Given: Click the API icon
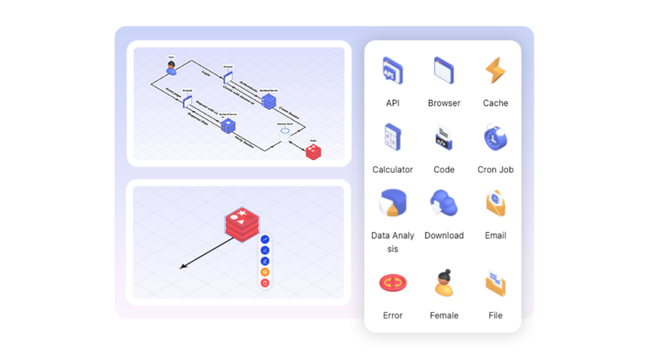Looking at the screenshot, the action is click(x=392, y=71).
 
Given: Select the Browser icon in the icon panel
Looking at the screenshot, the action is click(x=444, y=70).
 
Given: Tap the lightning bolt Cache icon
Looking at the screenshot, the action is click(x=495, y=71).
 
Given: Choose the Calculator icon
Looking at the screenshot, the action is click(x=392, y=137).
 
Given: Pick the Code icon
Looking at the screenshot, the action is click(x=444, y=138).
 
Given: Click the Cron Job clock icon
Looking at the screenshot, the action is click(x=495, y=137).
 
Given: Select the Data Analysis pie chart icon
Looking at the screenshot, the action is click(x=392, y=203).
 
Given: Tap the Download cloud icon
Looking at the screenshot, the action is click(x=444, y=203).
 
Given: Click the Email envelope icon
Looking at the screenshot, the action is click(x=495, y=203).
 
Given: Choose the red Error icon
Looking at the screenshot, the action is click(x=392, y=283).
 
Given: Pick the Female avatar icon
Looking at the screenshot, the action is click(x=444, y=283).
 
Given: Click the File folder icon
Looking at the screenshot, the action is click(x=495, y=283).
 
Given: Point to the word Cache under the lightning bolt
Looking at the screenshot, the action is click(x=495, y=103).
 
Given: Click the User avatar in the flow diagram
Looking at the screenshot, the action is click(x=172, y=68).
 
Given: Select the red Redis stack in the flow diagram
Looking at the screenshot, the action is click(x=313, y=151).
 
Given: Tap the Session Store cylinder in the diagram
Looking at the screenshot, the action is click(x=284, y=130).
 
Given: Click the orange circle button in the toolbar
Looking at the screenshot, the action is click(x=265, y=272).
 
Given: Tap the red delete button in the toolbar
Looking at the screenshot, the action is click(x=265, y=283).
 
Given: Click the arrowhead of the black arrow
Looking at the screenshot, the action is click(x=181, y=267).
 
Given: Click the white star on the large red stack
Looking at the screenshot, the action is click(x=242, y=213).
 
